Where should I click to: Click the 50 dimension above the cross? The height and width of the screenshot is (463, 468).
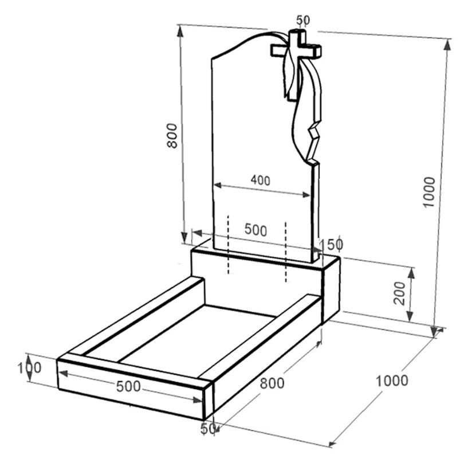pos(303,20)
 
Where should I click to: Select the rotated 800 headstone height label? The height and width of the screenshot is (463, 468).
pos(172,136)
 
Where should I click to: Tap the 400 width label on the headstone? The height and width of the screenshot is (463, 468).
pos(260,181)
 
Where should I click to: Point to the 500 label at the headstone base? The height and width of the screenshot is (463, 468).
pos(255,230)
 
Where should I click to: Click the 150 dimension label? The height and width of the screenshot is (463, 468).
pos(332,245)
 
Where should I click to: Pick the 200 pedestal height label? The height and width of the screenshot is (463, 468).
pos(400,293)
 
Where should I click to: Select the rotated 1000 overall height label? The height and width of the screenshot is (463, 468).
pos(429,192)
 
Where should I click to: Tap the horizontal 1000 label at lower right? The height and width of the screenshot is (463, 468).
pos(391,380)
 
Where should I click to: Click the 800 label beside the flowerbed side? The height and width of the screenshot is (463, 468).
pos(272,383)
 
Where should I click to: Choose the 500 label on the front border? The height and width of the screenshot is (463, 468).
pos(128,386)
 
